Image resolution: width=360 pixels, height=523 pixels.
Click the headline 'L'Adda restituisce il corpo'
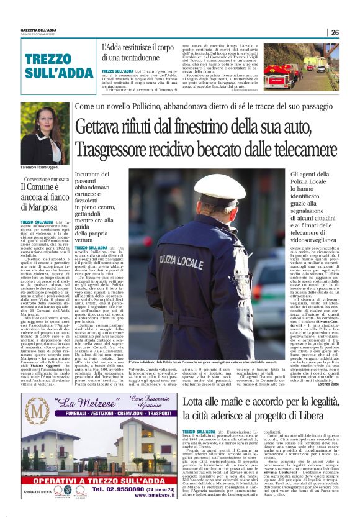138,48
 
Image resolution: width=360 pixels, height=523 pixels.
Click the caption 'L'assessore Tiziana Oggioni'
44,168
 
